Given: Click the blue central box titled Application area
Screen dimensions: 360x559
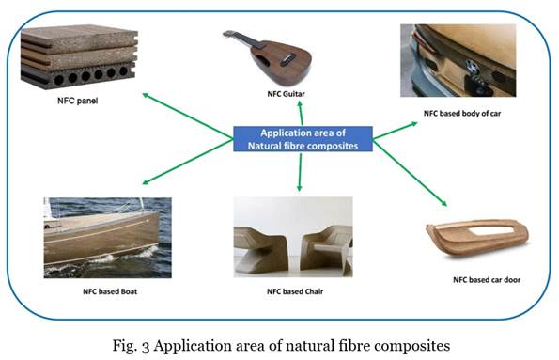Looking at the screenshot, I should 302,139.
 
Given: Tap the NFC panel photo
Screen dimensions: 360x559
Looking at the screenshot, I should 79,57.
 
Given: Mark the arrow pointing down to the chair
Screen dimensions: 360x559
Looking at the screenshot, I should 300,172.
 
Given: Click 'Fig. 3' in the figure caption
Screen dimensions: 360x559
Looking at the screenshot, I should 174,344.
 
